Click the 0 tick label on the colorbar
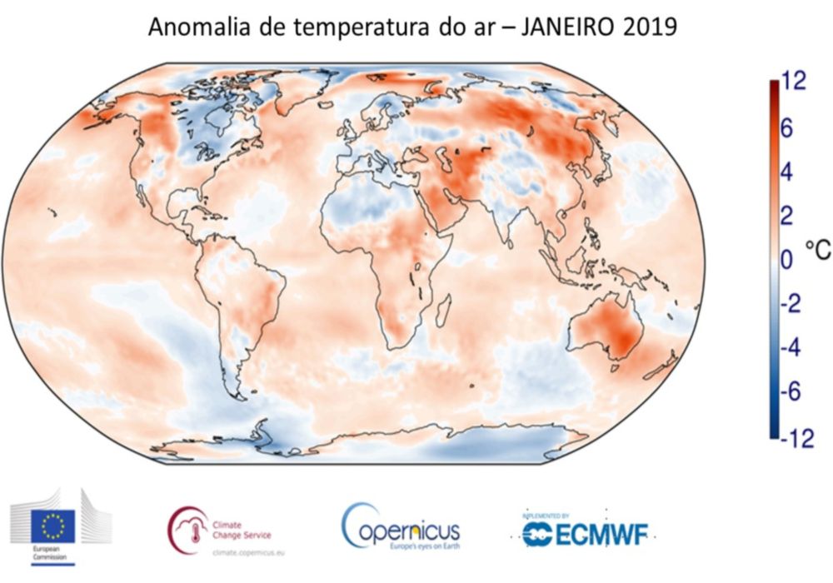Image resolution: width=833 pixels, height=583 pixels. (x=788, y=262)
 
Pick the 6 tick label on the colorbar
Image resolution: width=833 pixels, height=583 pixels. (x=788, y=129)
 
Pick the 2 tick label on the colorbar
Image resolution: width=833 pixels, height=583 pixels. (x=788, y=217)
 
